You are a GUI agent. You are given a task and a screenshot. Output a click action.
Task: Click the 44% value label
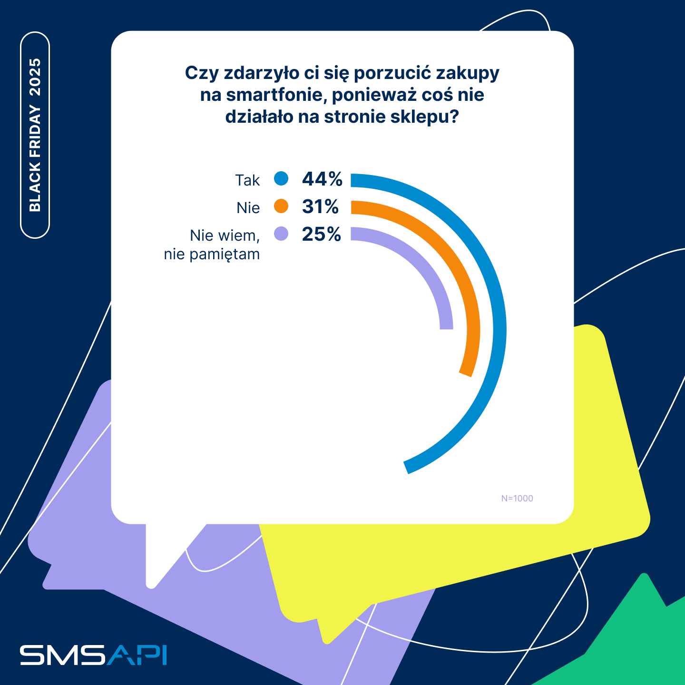tap(322, 179)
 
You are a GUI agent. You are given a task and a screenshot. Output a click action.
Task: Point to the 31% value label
tap(320, 207)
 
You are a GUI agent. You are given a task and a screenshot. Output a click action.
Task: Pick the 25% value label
tap(322, 235)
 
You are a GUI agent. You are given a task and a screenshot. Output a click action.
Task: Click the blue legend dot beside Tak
tap(281, 179)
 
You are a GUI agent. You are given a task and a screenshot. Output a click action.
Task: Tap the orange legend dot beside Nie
tap(281, 206)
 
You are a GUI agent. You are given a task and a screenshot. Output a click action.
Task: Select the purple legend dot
tap(281, 234)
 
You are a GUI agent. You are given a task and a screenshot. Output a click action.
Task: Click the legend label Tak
tap(247, 180)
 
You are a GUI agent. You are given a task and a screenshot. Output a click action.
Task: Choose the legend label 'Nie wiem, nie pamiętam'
tap(212, 245)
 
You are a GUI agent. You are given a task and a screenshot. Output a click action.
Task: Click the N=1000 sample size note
tap(517, 499)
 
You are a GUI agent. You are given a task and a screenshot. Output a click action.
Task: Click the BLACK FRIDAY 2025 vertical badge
tap(35, 135)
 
